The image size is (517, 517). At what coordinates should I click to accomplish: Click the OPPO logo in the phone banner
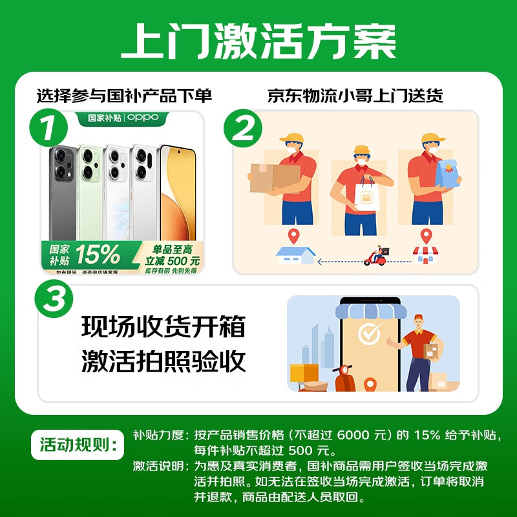coord(142,118)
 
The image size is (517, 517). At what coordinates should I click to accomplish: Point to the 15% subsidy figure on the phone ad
coord(98,253)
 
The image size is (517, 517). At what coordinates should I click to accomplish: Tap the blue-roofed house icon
coord(296,255)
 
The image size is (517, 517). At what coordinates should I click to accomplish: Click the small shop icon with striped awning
coord(425,255)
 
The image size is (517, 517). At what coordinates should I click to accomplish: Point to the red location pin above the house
coord(295,236)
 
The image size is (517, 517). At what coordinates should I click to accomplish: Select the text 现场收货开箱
coord(164,327)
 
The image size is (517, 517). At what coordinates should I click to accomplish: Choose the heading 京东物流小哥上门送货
coord(355,96)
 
